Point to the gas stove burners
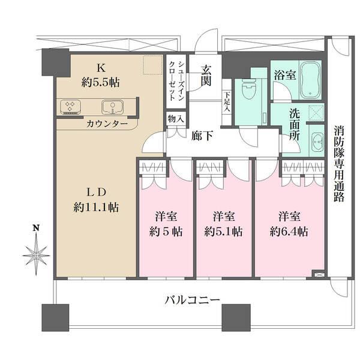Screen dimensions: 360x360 [70, 107]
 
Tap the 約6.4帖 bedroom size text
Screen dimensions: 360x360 [289, 230]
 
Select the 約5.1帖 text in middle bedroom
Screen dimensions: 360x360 [223, 230]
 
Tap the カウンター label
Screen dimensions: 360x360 [107, 124]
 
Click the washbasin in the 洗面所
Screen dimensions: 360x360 [316, 142]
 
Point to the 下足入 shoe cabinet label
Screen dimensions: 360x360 [227, 103]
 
